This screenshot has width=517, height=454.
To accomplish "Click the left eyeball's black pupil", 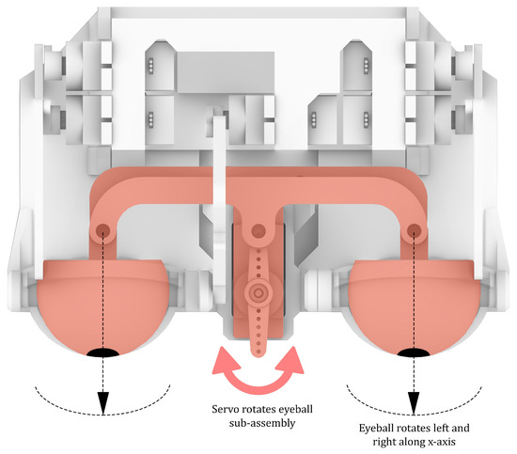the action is coord(102,352).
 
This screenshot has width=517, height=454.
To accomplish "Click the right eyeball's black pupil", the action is coord(414,352).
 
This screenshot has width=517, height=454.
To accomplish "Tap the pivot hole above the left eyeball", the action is coord(102,229).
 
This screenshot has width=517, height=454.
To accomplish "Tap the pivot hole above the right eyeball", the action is coord(414,229).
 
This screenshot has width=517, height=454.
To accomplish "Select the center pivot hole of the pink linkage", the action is coord(258,230).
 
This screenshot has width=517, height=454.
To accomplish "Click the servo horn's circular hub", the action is coord(258,292).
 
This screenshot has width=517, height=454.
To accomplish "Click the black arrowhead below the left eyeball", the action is coord(103,403).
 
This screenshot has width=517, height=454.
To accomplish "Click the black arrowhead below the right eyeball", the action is coord(414,403).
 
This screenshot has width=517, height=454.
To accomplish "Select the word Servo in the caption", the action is coord(226,409).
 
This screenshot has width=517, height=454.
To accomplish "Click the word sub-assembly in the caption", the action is coord(262,423).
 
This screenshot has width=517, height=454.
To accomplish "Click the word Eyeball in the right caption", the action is coord(376,429).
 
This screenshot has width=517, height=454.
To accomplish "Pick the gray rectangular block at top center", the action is coord(226,72).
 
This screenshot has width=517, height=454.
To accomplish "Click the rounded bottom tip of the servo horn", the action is coord(258,353).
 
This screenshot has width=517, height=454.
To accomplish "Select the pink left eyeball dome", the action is coord(102,305).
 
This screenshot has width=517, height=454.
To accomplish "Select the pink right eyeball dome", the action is coord(414,305).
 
